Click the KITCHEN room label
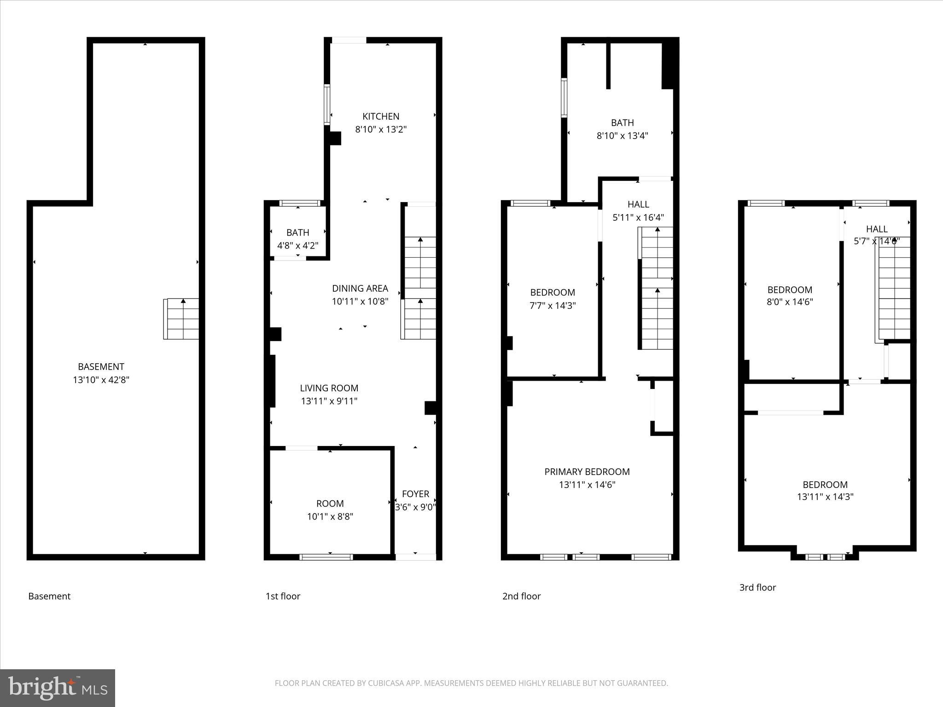380,116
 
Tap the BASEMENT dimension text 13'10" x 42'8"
101,380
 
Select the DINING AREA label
360,289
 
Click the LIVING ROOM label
329,388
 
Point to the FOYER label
415,494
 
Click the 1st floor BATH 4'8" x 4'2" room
297,238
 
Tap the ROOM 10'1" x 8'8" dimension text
330,516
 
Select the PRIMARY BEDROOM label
587,472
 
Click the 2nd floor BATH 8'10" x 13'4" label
622,123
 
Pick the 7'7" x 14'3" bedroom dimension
553,305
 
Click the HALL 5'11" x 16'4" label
638,204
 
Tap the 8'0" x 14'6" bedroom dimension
790,302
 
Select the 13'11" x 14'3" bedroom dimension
825,497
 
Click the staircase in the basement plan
181,319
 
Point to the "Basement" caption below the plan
49,596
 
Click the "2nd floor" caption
521,596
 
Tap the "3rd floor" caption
757,587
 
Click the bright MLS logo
58,688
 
